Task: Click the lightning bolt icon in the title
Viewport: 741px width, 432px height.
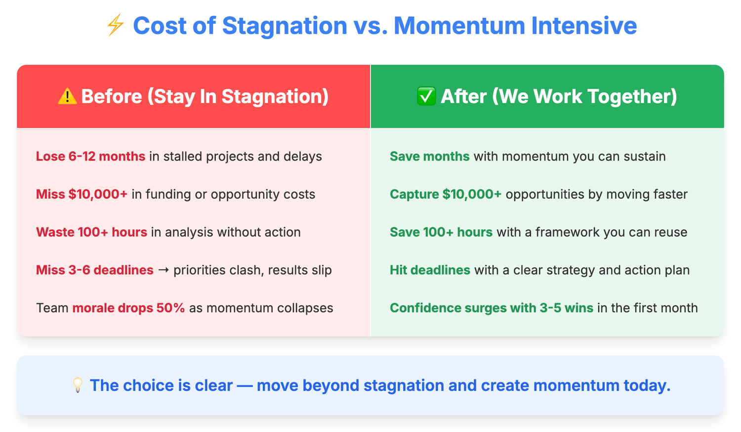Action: click(116, 25)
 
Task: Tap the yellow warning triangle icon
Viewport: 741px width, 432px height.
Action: click(67, 96)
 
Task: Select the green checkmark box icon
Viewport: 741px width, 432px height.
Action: click(426, 96)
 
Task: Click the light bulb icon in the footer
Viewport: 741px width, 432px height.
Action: click(78, 385)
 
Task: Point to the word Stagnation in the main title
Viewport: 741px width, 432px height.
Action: click(285, 26)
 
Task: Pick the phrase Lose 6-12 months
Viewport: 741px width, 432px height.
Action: click(90, 156)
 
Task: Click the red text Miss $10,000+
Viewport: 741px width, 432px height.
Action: click(82, 194)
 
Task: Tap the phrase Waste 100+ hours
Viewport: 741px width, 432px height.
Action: click(91, 232)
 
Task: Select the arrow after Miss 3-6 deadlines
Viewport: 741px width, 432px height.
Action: click(164, 270)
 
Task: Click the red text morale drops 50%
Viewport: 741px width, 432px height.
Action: click(128, 308)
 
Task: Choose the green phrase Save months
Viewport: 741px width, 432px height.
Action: click(430, 156)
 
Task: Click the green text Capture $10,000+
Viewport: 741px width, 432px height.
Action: click(446, 194)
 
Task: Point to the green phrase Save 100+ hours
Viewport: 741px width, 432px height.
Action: click(441, 232)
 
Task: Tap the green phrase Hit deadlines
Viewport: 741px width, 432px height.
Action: click(430, 270)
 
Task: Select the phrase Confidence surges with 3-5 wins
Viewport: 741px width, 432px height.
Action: click(492, 308)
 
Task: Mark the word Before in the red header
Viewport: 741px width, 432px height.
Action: click(112, 96)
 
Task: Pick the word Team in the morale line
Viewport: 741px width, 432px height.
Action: click(52, 308)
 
